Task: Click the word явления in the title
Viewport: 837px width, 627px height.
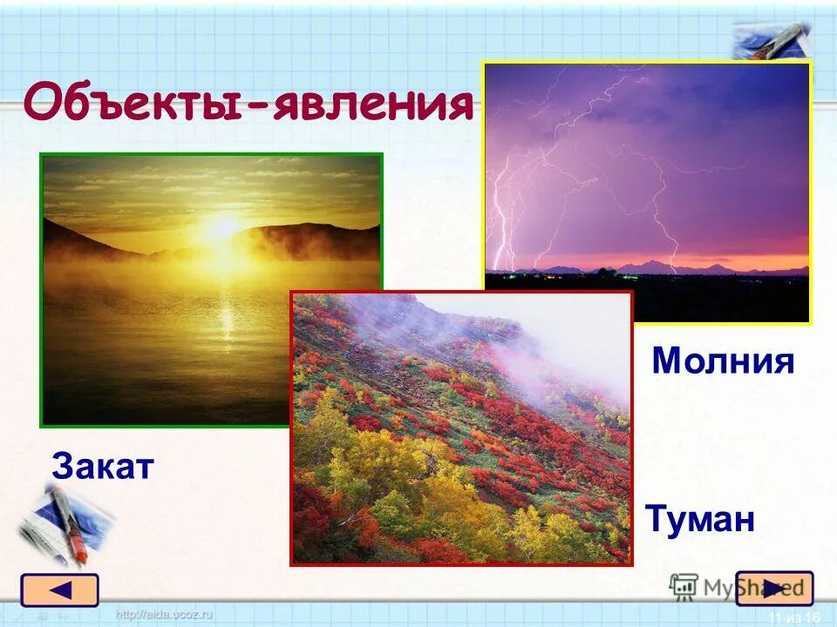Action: click(372, 104)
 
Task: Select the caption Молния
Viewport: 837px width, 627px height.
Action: click(724, 361)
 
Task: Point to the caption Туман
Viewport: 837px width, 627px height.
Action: click(700, 517)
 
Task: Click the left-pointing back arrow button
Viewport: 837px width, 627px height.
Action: click(60, 590)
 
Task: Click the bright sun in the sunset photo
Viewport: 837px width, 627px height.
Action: click(224, 227)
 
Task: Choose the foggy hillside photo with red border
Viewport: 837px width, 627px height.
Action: click(461, 428)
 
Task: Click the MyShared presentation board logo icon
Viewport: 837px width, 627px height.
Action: click(684, 586)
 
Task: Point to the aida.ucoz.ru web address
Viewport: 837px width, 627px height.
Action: click(165, 615)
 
